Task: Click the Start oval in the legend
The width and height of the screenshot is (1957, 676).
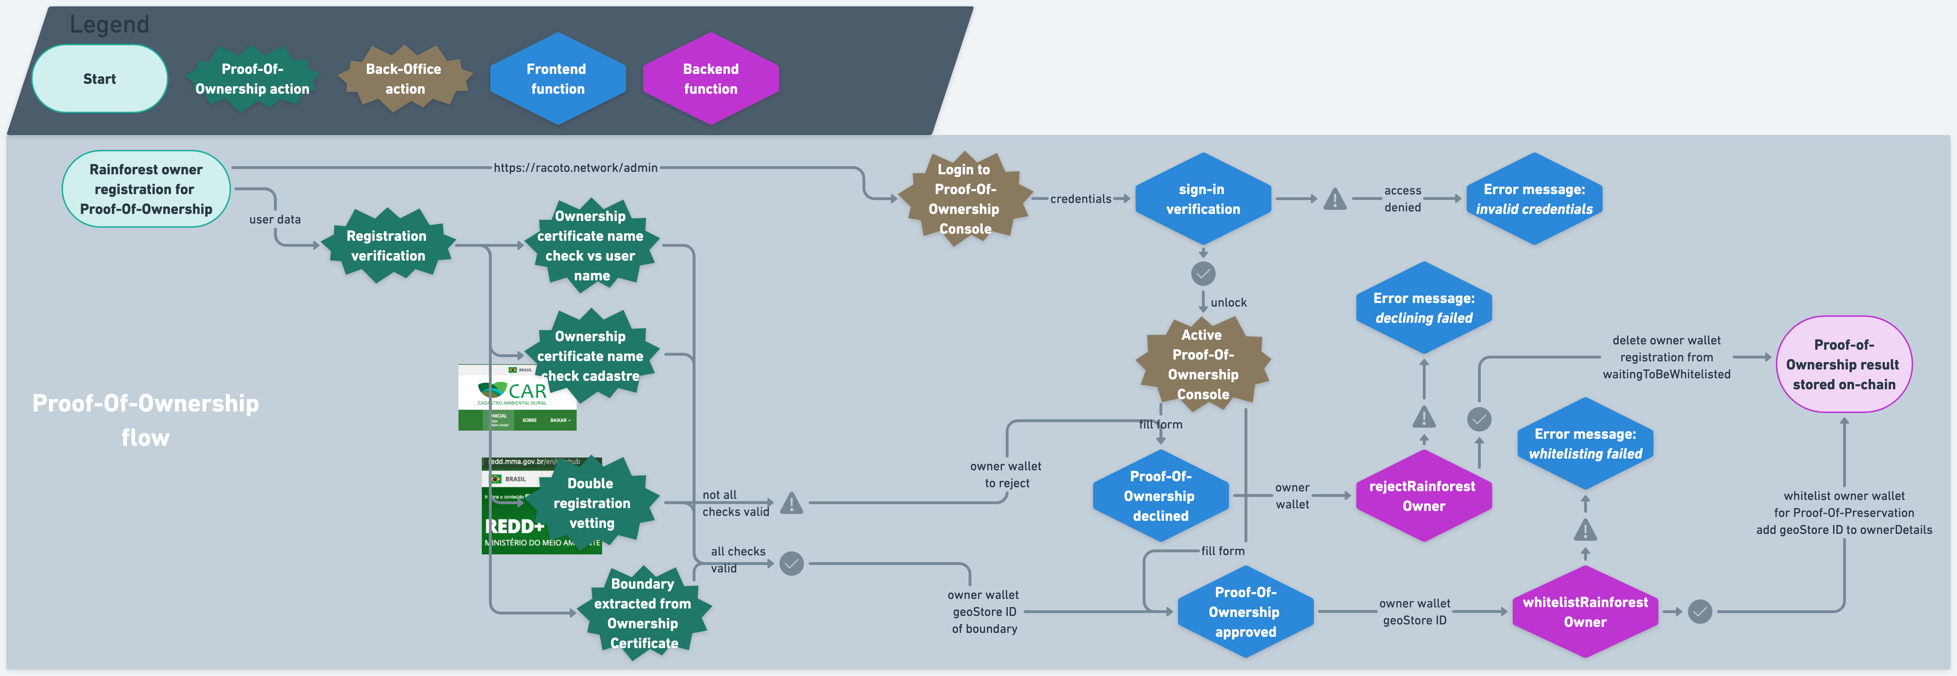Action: (99, 79)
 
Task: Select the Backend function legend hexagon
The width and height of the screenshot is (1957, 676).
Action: (710, 79)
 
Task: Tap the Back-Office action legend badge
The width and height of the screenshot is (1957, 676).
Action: (404, 79)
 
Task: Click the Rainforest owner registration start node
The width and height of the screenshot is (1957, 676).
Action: (146, 189)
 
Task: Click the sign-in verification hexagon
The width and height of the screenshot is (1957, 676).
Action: (1203, 199)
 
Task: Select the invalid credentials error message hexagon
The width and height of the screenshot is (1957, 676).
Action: (1534, 199)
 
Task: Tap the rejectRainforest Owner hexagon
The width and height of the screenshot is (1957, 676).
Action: (1423, 496)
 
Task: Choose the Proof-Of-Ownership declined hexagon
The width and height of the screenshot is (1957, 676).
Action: (1160, 496)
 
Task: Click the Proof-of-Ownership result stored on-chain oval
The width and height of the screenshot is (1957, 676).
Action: (1844, 365)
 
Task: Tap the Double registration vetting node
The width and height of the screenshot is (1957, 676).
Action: (591, 503)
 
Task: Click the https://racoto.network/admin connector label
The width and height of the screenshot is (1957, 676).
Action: (575, 168)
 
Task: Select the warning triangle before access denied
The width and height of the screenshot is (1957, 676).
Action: (1335, 200)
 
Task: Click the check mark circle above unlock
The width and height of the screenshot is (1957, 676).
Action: (1203, 273)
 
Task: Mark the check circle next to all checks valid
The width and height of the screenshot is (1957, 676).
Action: (792, 564)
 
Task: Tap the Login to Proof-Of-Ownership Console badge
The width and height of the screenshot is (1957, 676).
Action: (964, 199)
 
